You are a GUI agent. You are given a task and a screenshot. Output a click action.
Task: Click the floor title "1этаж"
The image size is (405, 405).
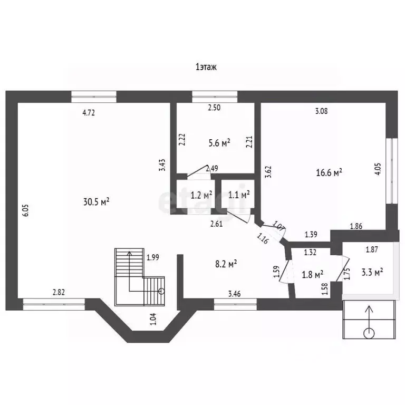point(206,67)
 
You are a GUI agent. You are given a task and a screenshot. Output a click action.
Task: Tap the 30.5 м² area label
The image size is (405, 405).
point(96,202)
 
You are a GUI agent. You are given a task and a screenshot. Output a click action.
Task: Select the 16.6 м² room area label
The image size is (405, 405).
point(329,172)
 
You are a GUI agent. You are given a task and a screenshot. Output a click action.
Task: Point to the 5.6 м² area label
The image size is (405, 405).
point(219,143)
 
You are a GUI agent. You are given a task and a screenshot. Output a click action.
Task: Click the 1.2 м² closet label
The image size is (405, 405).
point(201,195)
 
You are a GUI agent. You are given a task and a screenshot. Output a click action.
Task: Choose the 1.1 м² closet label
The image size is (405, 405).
point(239,195)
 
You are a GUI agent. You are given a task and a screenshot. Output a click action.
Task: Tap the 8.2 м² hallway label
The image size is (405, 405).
point(226,264)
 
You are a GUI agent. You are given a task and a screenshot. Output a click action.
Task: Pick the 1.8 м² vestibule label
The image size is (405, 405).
point(313,275)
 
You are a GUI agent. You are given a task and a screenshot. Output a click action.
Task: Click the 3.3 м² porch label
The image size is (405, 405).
point(372,272)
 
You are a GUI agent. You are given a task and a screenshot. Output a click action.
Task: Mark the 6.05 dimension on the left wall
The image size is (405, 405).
point(25,210)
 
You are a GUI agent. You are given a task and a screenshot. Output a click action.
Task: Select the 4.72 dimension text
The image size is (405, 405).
point(89,113)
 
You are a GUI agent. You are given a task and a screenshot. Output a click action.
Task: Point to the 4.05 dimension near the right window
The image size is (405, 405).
point(378,169)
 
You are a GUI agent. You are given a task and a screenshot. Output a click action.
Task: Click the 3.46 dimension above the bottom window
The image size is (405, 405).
point(235,294)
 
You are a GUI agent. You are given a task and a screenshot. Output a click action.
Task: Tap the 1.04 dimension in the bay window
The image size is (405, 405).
point(153,319)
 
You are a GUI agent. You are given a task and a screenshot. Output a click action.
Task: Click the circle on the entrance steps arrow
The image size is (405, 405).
point(369,333)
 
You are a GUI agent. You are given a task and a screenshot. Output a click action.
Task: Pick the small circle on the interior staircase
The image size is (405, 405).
point(162,291)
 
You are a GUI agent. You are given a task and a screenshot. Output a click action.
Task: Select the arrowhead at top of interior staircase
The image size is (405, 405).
point(130,253)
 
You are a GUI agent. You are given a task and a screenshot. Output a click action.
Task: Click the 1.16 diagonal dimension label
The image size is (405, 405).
point(263,238)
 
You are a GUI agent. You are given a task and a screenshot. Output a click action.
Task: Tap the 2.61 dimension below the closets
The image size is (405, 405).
point(216,224)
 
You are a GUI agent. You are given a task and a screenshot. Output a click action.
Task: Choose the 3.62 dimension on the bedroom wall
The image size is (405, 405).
point(268,172)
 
